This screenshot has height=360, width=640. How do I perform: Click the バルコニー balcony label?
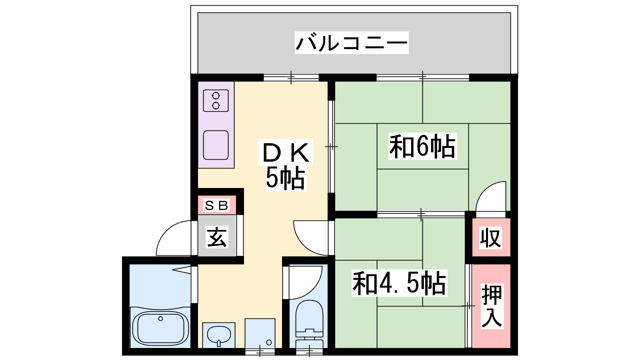click(x=352, y=43)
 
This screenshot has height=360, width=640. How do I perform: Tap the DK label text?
click(x=286, y=153)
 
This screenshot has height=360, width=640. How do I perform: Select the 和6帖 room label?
click(x=422, y=146)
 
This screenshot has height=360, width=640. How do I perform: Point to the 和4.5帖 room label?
click(x=399, y=283)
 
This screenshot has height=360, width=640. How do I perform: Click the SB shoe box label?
click(x=216, y=205)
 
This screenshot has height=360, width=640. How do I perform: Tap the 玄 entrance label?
click(x=217, y=237)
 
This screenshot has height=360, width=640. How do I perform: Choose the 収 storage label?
click(x=490, y=238)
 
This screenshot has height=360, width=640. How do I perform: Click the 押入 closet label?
click(x=492, y=306)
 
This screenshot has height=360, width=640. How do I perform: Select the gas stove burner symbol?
click(x=216, y=100)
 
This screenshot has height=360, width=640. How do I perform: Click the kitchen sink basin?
click(x=216, y=145)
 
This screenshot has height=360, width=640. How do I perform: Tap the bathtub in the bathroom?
click(x=160, y=328)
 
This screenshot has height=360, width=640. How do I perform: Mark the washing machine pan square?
click(x=260, y=333)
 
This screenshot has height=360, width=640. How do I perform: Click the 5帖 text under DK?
click(x=286, y=178)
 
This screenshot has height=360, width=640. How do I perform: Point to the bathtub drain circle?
click(x=160, y=318)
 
